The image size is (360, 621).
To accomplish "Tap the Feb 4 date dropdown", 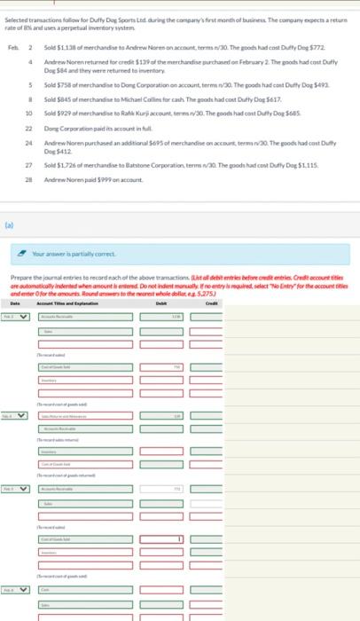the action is (x=18, y=414).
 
